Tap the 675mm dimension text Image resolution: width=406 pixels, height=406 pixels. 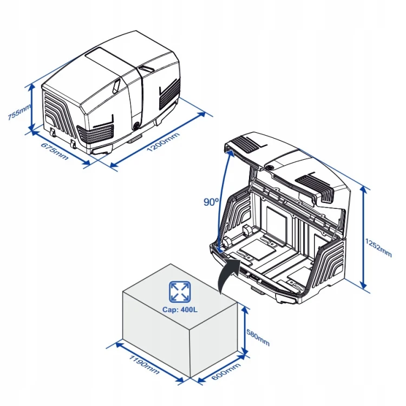point(54,150)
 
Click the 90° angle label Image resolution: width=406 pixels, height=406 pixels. point(211,202)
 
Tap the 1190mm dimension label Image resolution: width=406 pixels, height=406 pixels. point(143,364)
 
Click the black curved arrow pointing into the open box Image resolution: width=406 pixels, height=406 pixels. point(227,273)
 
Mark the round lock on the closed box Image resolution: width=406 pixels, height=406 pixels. point(135,126)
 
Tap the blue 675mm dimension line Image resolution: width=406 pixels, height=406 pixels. point(60,147)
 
